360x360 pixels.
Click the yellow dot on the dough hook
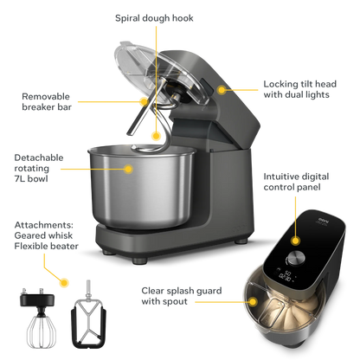[x=156, y=134]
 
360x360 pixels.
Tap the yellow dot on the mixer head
[x=222, y=88]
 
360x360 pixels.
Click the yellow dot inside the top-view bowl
[x=253, y=297]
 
